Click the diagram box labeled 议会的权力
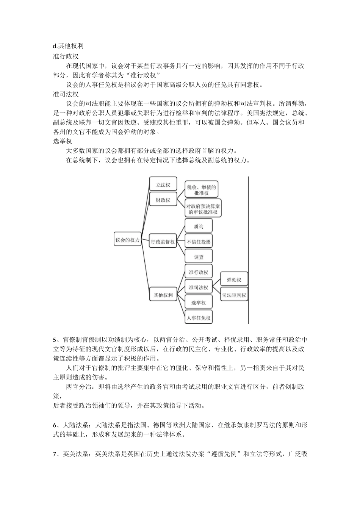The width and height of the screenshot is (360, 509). (128, 240)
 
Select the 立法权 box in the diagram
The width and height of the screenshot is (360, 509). (163, 185)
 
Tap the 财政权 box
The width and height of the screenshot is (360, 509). (163, 200)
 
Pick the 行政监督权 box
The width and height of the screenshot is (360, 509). (163, 242)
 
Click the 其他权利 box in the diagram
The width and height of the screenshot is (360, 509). (163, 295)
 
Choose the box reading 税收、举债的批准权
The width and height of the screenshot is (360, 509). (202, 190)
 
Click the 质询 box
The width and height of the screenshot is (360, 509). (199, 226)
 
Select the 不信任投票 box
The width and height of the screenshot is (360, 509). (199, 242)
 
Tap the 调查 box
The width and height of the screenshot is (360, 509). (199, 257)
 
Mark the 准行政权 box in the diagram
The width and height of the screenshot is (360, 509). (199, 272)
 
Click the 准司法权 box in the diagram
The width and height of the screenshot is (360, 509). (199, 287)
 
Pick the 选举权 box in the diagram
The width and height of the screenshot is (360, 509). (199, 303)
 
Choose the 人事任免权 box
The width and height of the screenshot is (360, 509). (199, 318)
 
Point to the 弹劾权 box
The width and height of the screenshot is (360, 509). (234, 280)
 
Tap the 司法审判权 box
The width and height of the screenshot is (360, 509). (234, 295)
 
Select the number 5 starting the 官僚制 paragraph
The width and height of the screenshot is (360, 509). (55, 339)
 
